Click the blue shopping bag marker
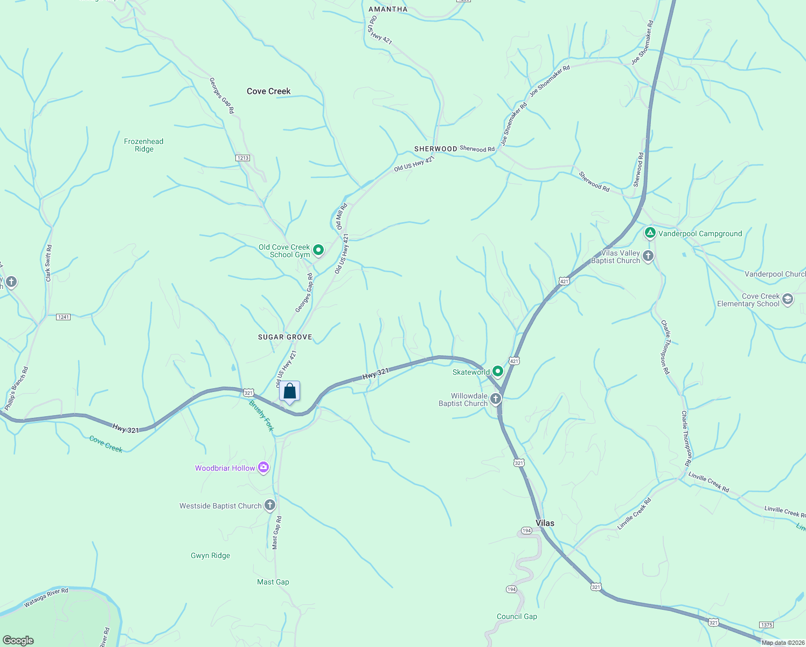(x=290, y=391)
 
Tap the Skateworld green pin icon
(x=498, y=371)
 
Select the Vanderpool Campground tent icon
(x=650, y=233)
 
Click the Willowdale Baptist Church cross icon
(x=496, y=399)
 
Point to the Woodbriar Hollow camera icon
(x=263, y=467)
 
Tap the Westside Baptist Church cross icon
(x=270, y=505)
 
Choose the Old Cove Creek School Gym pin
(x=318, y=250)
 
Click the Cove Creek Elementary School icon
(x=788, y=300)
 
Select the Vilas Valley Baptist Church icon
(x=649, y=256)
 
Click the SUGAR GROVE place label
(x=285, y=337)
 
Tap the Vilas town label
(x=545, y=523)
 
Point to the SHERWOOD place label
(x=435, y=149)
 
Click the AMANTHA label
(x=388, y=9)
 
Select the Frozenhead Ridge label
(x=143, y=145)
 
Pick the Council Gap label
(x=517, y=616)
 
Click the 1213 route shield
(x=242, y=158)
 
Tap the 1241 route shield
(x=64, y=316)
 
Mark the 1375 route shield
(x=766, y=624)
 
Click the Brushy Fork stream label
(x=262, y=416)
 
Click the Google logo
(x=18, y=640)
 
